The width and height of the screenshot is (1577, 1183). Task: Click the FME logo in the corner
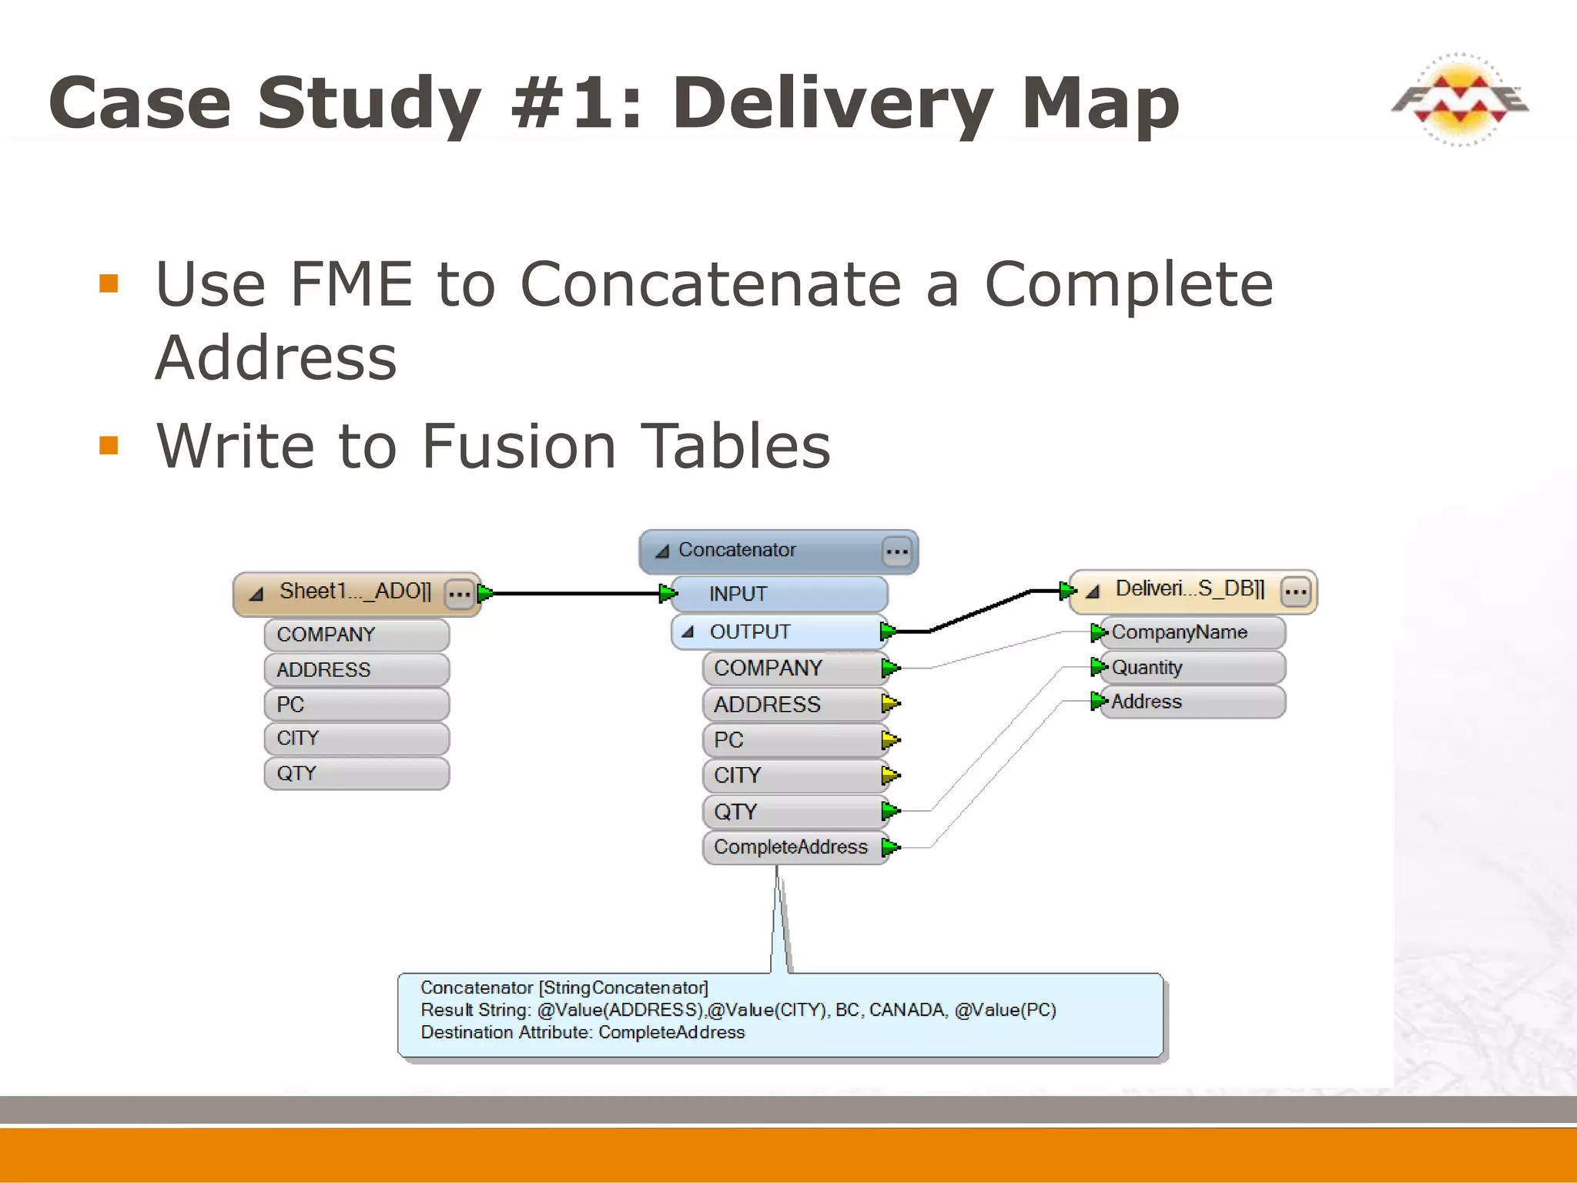click(x=1459, y=100)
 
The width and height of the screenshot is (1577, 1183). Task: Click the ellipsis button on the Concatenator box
click(x=896, y=551)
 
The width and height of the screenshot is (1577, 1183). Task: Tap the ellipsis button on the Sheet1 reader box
click(x=460, y=594)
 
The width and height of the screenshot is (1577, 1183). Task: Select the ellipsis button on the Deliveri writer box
click(x=1295, y=591)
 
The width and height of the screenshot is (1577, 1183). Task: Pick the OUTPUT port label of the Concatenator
click(x=749, y=632)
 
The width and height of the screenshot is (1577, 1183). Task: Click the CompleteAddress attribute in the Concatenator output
click(x=791, y=847)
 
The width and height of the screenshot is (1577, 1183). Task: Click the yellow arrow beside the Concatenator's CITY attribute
click(x=890, y=775)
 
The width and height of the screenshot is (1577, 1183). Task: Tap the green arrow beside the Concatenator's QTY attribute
click(x=890, y=810)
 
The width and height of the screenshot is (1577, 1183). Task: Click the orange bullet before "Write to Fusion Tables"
click(x=109, y=445)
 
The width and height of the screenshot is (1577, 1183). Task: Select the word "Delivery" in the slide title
click(x=832, y=103)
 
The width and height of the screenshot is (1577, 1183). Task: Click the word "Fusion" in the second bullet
click(x=519, y=446)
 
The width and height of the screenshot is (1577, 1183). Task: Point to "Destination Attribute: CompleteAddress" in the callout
click(x=582, y=1032)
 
